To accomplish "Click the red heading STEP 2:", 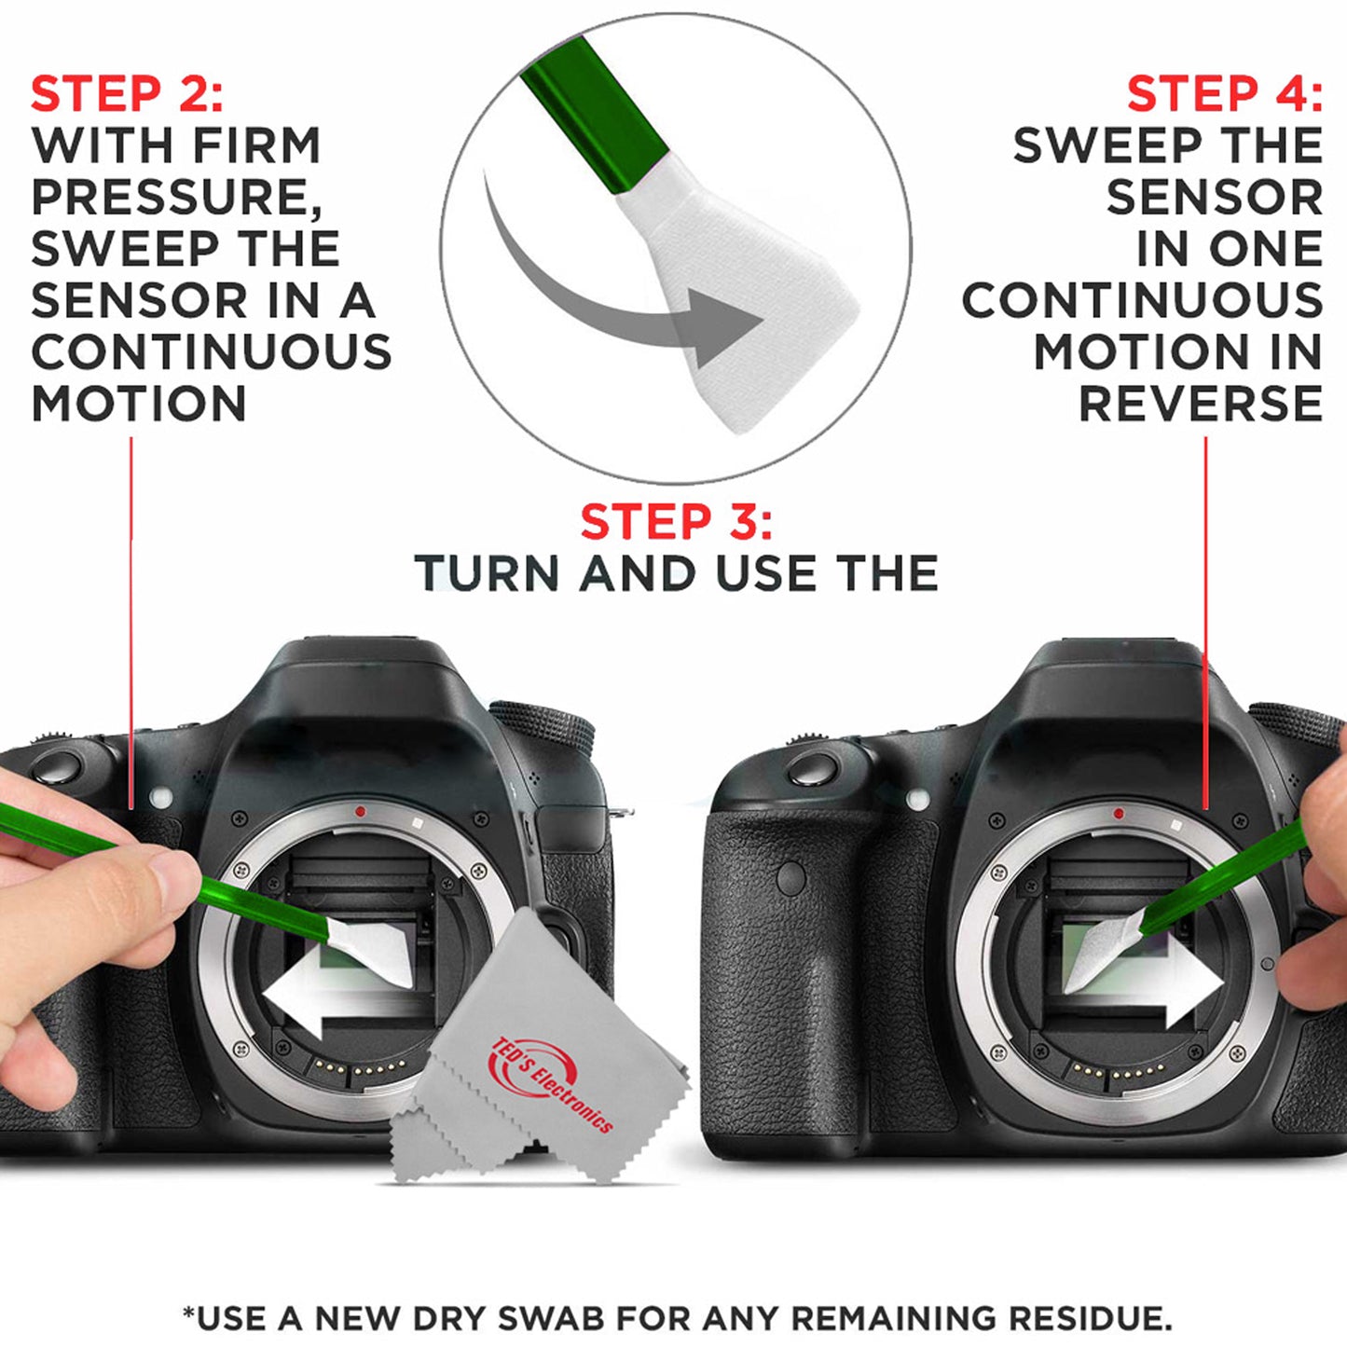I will (x=127, y=94).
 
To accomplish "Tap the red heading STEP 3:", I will (x=676, y=521).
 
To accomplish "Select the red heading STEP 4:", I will (x=1224, y=94).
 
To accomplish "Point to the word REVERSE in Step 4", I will (x=1201, y=404).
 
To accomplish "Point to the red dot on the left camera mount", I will (x=361, y=812).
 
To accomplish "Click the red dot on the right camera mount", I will (x=1119, y=814).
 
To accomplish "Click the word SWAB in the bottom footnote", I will (x=550, y=1318).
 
